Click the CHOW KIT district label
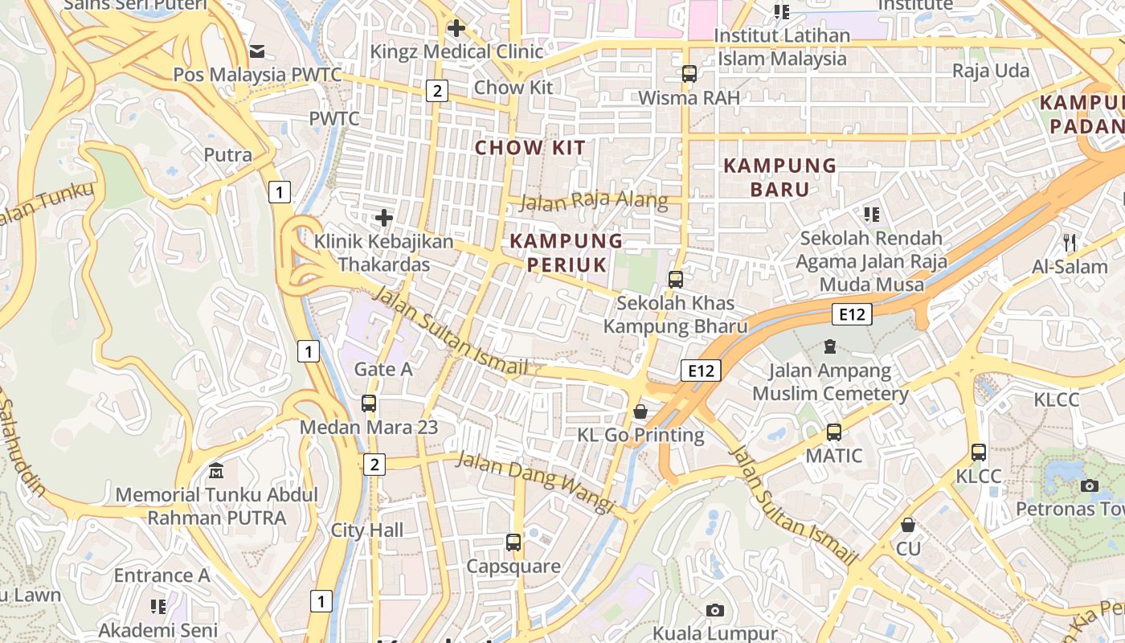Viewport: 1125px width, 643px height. (530, 147)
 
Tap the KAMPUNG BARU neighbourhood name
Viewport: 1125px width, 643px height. (780, 178)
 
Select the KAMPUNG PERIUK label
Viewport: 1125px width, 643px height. (567, 252)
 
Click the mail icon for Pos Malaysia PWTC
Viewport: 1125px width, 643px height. (257, 51)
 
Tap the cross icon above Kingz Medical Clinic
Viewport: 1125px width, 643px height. (456, 28)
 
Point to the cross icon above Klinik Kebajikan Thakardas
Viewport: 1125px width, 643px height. (384, 217)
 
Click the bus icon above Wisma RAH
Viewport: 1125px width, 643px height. (689, 74)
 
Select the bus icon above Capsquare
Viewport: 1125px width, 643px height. (513, 543)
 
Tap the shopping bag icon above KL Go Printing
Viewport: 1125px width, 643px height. (640, 412)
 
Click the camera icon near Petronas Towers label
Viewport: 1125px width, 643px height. (1090, 485)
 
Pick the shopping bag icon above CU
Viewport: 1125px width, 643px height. (908, 525)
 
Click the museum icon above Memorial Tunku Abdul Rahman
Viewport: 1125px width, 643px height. (216, 470)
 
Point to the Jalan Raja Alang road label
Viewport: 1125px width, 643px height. (594, 200)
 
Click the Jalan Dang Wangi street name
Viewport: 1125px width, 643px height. (535, 481)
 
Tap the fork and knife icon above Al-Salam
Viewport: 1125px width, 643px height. (1069, 242)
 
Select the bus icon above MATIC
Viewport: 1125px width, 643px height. (834, 432)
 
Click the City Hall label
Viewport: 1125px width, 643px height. (367, 530)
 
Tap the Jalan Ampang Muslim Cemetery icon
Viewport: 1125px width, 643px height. (830, 347)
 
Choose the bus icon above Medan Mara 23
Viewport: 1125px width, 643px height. (369, 403)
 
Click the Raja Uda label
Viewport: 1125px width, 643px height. (990, 71)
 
